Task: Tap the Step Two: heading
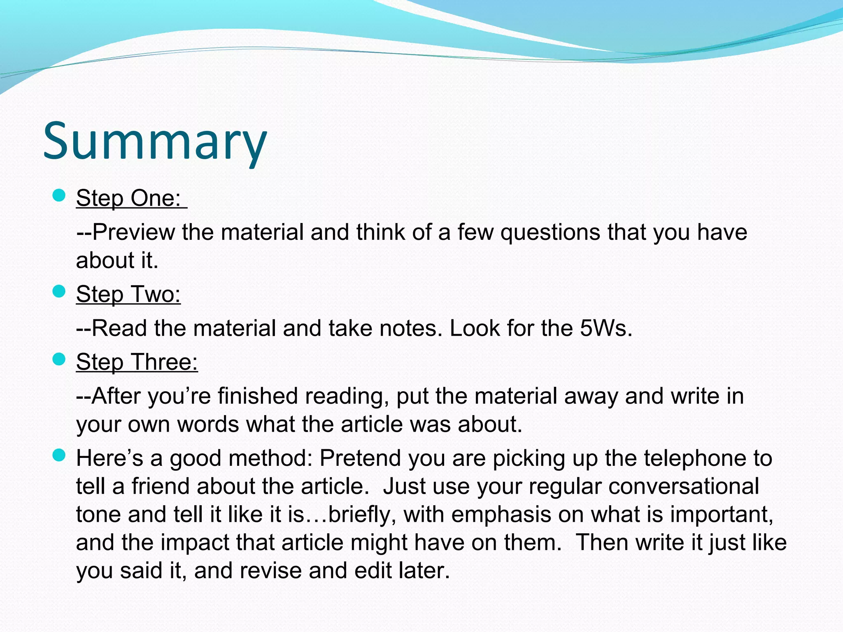click(128, 294)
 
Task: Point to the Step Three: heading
click(137, 362)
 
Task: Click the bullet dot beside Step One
click(60, 195)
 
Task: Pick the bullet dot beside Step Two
click(60, 292)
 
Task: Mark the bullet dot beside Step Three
click(60, 360)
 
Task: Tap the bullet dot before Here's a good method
click(60, 455)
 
